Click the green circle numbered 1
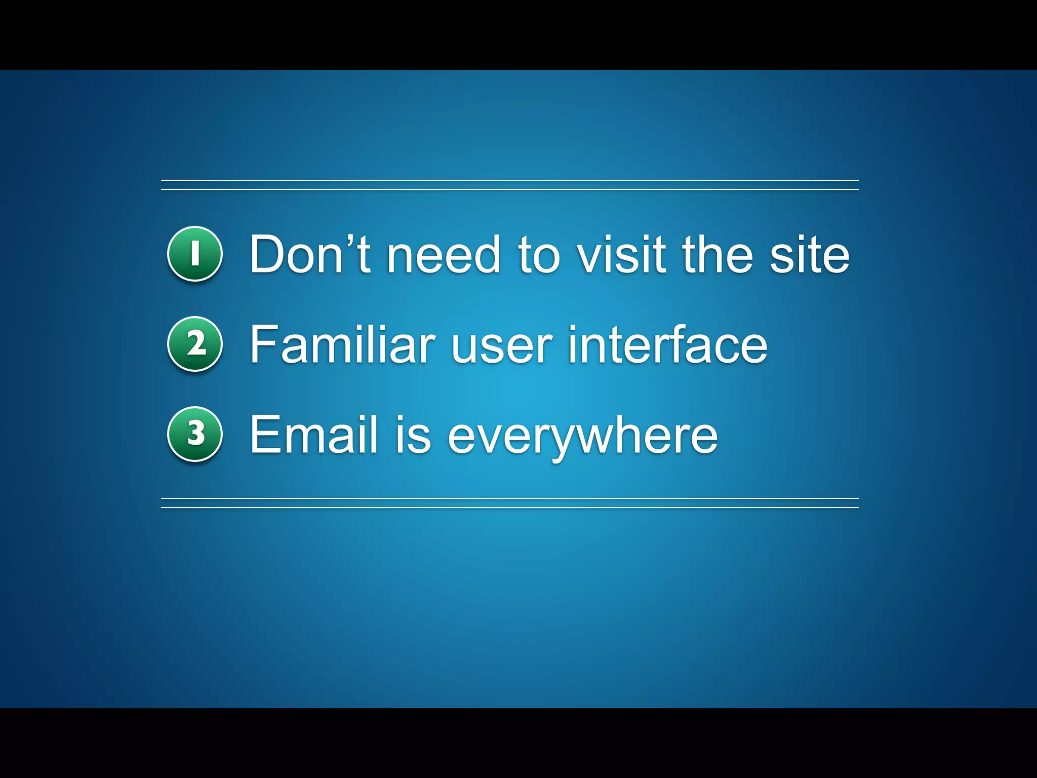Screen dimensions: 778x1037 coord(195,254)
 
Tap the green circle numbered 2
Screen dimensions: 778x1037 coord(195,344)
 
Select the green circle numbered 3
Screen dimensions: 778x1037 coord(195,434)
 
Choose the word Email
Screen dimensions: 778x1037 coord(314,434)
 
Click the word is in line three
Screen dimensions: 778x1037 coord(413,434)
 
